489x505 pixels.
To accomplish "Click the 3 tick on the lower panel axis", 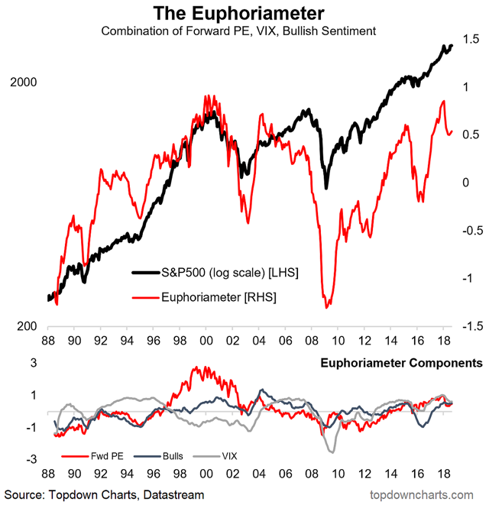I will [x=34, y=364].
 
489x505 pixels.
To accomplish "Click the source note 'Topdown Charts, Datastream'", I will [x=102, y=494].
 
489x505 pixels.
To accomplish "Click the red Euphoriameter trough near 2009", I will [x=328, y=306].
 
